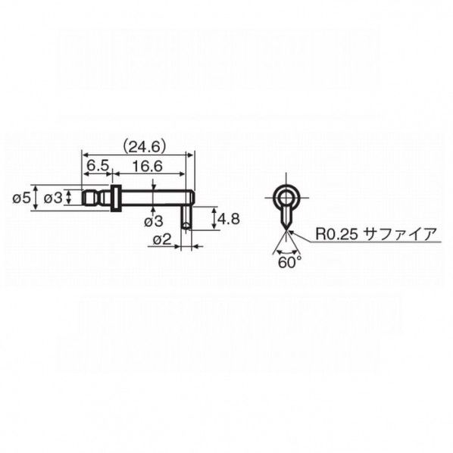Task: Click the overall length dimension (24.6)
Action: (145, 147)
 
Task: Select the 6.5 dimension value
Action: (98, 166)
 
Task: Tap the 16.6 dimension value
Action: (148, 166)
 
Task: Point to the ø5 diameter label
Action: (21, 198)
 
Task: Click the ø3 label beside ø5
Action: (53, 198)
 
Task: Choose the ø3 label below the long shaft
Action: (154, 222)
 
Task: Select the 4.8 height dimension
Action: (229, 219)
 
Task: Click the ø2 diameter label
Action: (162, 239)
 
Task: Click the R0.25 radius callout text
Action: (336, 234)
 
